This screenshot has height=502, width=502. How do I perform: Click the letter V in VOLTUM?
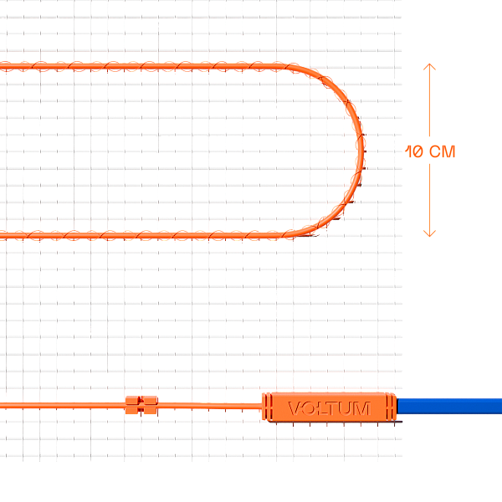[295, 408]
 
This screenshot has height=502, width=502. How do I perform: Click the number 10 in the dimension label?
[414, 151]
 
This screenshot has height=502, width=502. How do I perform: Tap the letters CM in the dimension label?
[442, 151]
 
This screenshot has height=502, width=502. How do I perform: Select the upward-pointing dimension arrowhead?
[429, 67]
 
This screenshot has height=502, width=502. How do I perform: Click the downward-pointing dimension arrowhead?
[429, 233]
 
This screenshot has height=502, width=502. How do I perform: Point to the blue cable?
[449, 406]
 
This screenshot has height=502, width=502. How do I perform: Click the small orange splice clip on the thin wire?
[141, 405]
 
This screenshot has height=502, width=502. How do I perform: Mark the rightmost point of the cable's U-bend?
[364, 151]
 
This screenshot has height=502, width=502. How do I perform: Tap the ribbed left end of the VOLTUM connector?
[267, 407]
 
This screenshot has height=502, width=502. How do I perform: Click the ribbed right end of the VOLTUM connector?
[391, 407]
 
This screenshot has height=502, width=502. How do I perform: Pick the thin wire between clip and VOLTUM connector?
[210, 406]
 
